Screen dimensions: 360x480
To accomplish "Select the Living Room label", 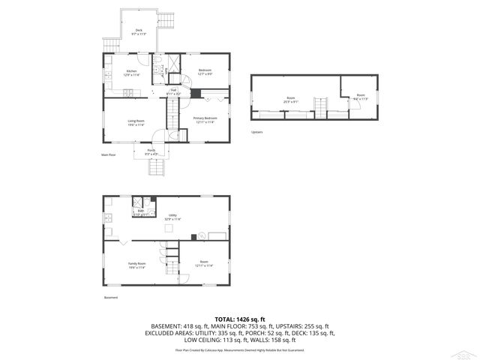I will [x=135, y=122].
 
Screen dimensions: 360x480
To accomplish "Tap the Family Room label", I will [x=136, y=265].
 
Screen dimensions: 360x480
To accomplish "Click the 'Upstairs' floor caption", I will [x=257, y=132].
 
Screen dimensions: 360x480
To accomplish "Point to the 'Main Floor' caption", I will [x=109, y=155].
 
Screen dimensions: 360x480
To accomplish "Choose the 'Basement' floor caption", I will [x=111, y=297].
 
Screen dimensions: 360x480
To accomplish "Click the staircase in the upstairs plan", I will [x=320, y=109].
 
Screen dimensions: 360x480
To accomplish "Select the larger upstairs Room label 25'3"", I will [x=290, y=99].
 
